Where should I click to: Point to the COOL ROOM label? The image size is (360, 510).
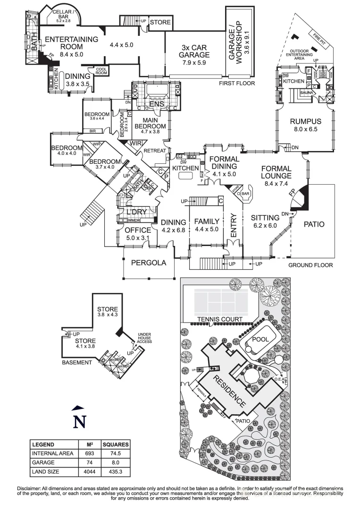(101, 71)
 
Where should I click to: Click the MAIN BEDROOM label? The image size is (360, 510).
(150, 123)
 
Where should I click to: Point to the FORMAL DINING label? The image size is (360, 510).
(224, 162)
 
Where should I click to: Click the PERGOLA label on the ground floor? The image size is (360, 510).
(149, 263)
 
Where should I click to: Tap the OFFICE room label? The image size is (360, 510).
(138, 230)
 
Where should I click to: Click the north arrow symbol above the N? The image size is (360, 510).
(79, 407)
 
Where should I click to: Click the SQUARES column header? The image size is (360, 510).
(116, 444)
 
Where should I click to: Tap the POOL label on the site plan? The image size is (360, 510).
(261, 339)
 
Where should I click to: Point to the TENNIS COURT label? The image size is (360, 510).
(220, 319)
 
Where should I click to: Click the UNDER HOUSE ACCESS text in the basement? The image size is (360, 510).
(144, 338)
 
